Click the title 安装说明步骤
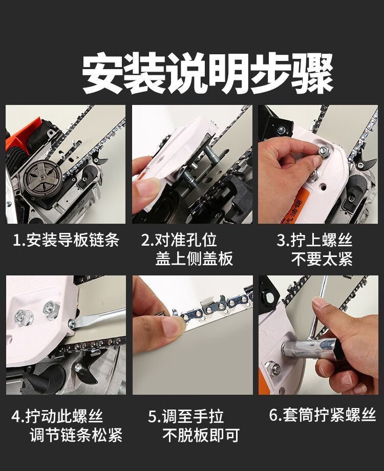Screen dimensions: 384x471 (208, 74)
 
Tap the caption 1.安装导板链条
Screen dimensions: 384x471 (66, 240)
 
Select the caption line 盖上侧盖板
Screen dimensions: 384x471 (194, 259)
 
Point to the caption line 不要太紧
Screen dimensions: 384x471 (322, 259)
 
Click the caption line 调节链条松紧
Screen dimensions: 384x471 (76, 435)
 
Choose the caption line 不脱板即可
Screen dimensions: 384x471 (201, 435)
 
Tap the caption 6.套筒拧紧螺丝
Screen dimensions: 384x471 (323, 415)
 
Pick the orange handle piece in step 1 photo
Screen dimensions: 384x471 (29, 134)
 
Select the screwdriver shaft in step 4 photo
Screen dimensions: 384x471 (100, 318)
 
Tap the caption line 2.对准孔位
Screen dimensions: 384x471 (179, 240)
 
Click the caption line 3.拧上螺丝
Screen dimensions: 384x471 (314, 240)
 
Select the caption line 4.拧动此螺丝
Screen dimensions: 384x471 (57, 416)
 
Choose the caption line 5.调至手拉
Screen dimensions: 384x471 (186, 416)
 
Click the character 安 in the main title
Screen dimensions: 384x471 (103, 74)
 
